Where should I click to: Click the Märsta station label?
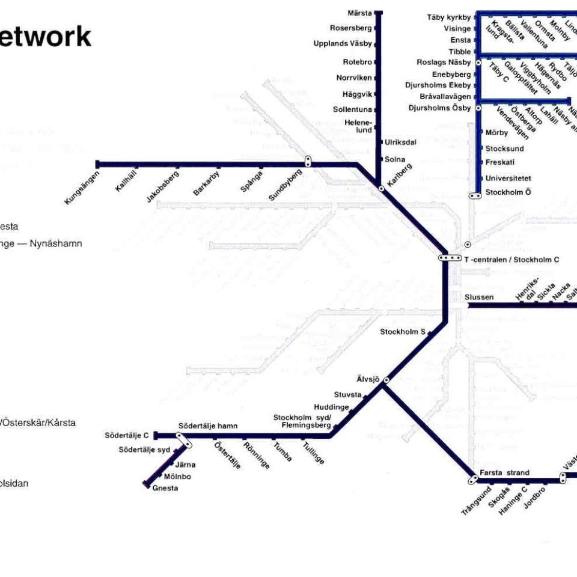[x=360, y=13]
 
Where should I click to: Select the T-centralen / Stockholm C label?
[x=511, y=260]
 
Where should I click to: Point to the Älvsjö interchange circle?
[x=386, y=380]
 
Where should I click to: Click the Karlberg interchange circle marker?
[x=381, y=188]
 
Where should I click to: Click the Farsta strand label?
[x=504, y=472]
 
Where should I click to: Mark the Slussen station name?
[x=479, y=297]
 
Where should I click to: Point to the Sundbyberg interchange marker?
[x=308, y=161]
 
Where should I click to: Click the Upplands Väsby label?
[x=343, y=43]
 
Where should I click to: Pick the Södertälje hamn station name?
[x=207, y=426]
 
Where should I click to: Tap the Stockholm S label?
[x=403, y=331]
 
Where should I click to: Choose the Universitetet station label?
[x=508, y=178]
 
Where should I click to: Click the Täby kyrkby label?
[x=448, y=17]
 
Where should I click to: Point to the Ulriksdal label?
[x=400, y=142]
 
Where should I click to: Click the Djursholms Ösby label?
[x=439, y=108]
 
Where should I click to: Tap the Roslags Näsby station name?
[x=444, y=63]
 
